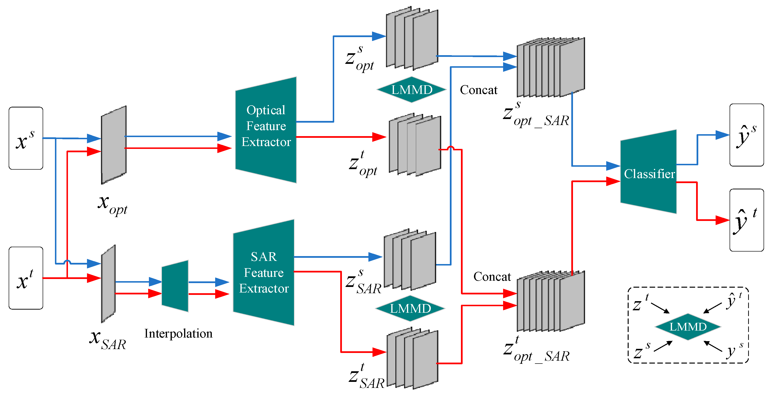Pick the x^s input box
click(26, 138)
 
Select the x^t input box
click(26, 278)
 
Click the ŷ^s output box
click(746, 135)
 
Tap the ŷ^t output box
click(746, 220)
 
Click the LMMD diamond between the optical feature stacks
click(412, 90)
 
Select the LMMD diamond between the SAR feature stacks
click(410, 308)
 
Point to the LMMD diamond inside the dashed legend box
click(688, 326)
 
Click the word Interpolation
click(178, 333)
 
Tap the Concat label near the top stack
click(478, 90)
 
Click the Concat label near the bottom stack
click(492, 276)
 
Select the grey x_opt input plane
click(113, 145)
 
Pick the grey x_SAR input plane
click(108, 283)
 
